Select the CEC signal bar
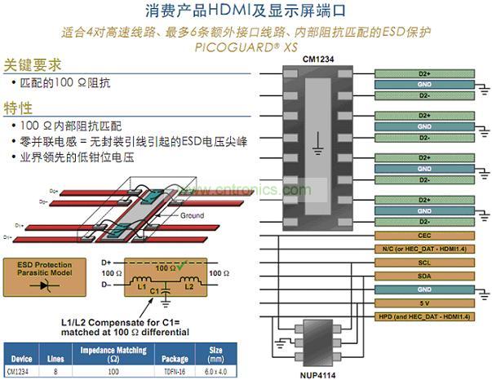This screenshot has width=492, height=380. (x=424, y=235)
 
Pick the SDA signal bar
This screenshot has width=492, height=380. (x=424, y=276)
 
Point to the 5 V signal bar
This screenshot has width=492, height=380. (x=424, y=303)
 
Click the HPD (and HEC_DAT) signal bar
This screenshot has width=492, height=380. (x=424, y=316)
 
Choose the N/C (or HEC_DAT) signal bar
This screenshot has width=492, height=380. (x=424, y=248)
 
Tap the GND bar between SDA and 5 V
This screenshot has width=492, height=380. (x=424, y=289)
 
